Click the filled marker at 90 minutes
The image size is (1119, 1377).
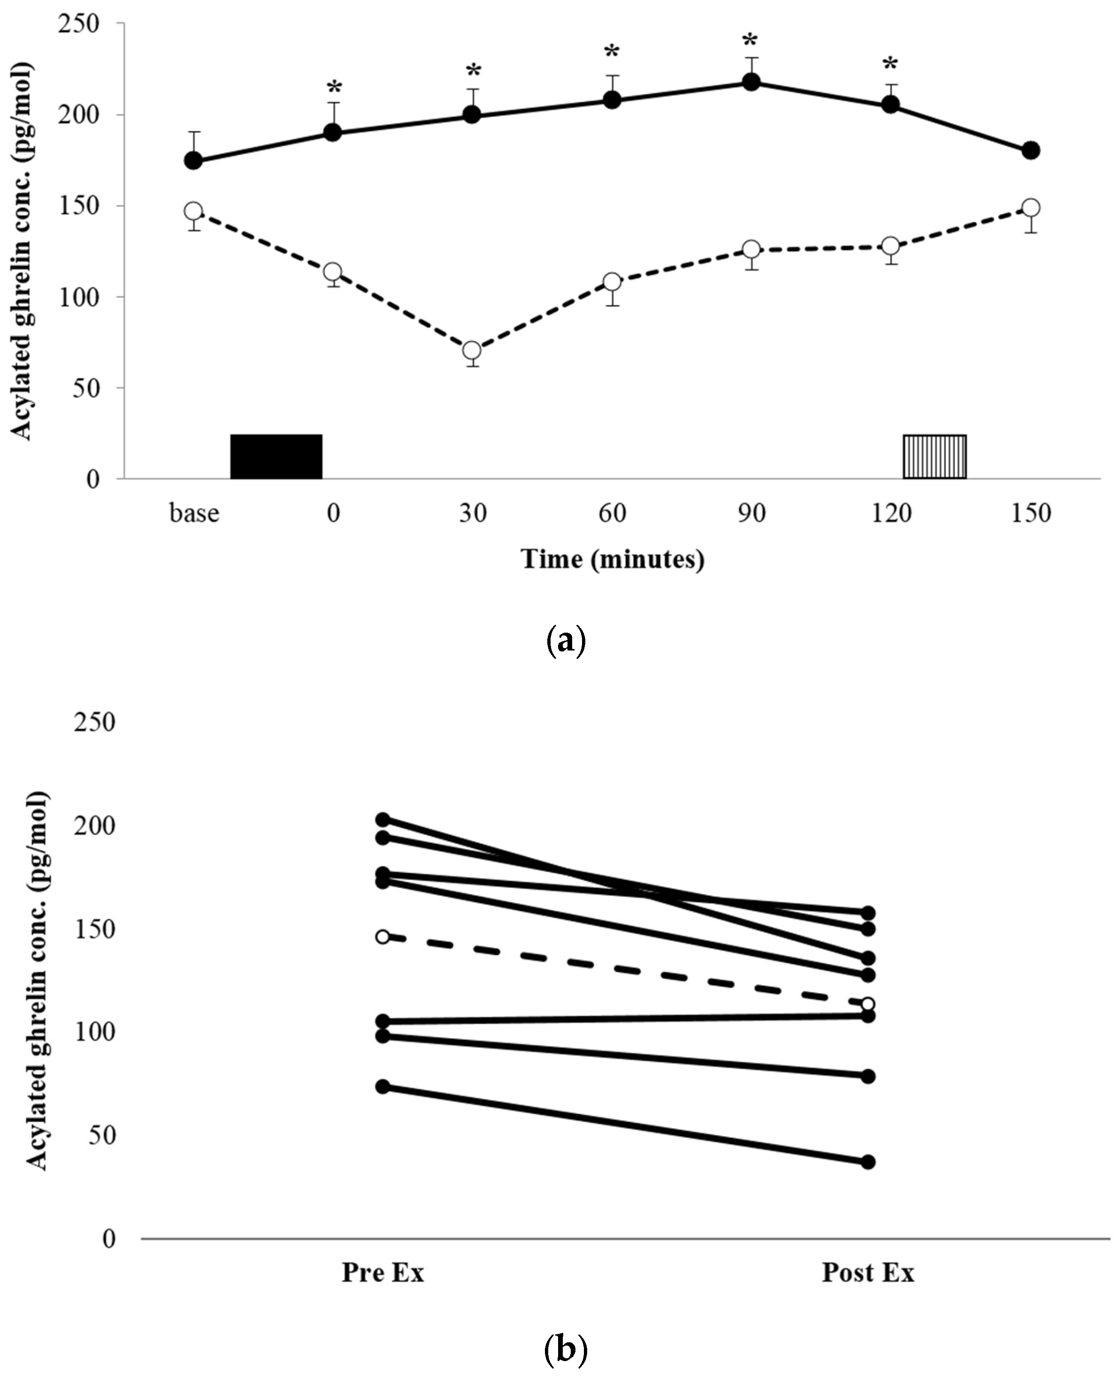tap(751, 82)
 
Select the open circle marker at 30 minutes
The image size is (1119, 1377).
tap(472, 351)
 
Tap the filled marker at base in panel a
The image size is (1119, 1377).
tap(193, 161)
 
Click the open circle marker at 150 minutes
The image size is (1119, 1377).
tap(1031, 207)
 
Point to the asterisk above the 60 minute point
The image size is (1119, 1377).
tap(611, 52)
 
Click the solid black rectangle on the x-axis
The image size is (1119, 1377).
tap(276, 456)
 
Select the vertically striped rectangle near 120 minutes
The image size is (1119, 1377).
tap(934, 456)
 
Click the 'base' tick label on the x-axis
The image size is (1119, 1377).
tap(194, 513)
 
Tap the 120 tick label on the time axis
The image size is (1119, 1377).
tap(891, 513)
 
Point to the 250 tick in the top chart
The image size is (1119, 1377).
tap(79, 24)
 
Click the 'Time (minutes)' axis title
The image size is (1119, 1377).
tap(613, 558)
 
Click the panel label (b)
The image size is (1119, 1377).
tap(565, 1348)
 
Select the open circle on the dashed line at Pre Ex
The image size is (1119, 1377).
tap(383, 936)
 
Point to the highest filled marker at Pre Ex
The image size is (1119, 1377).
tap(383, 819)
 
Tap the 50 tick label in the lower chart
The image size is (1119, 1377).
tap(102, 1135)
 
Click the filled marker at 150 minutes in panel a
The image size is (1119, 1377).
tap(1031, 150)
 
